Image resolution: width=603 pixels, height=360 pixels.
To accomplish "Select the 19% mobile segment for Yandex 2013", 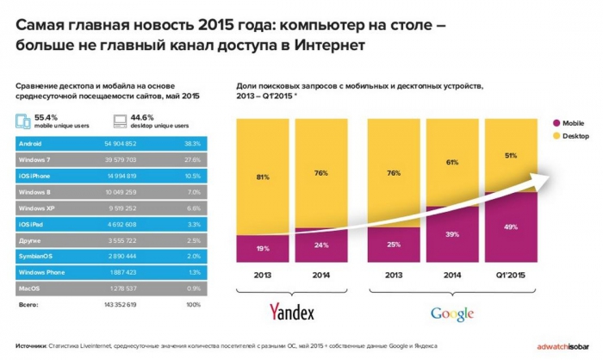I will (x=262, y=247).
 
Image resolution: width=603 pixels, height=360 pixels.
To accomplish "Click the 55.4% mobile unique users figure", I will (x=47, y=117).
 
